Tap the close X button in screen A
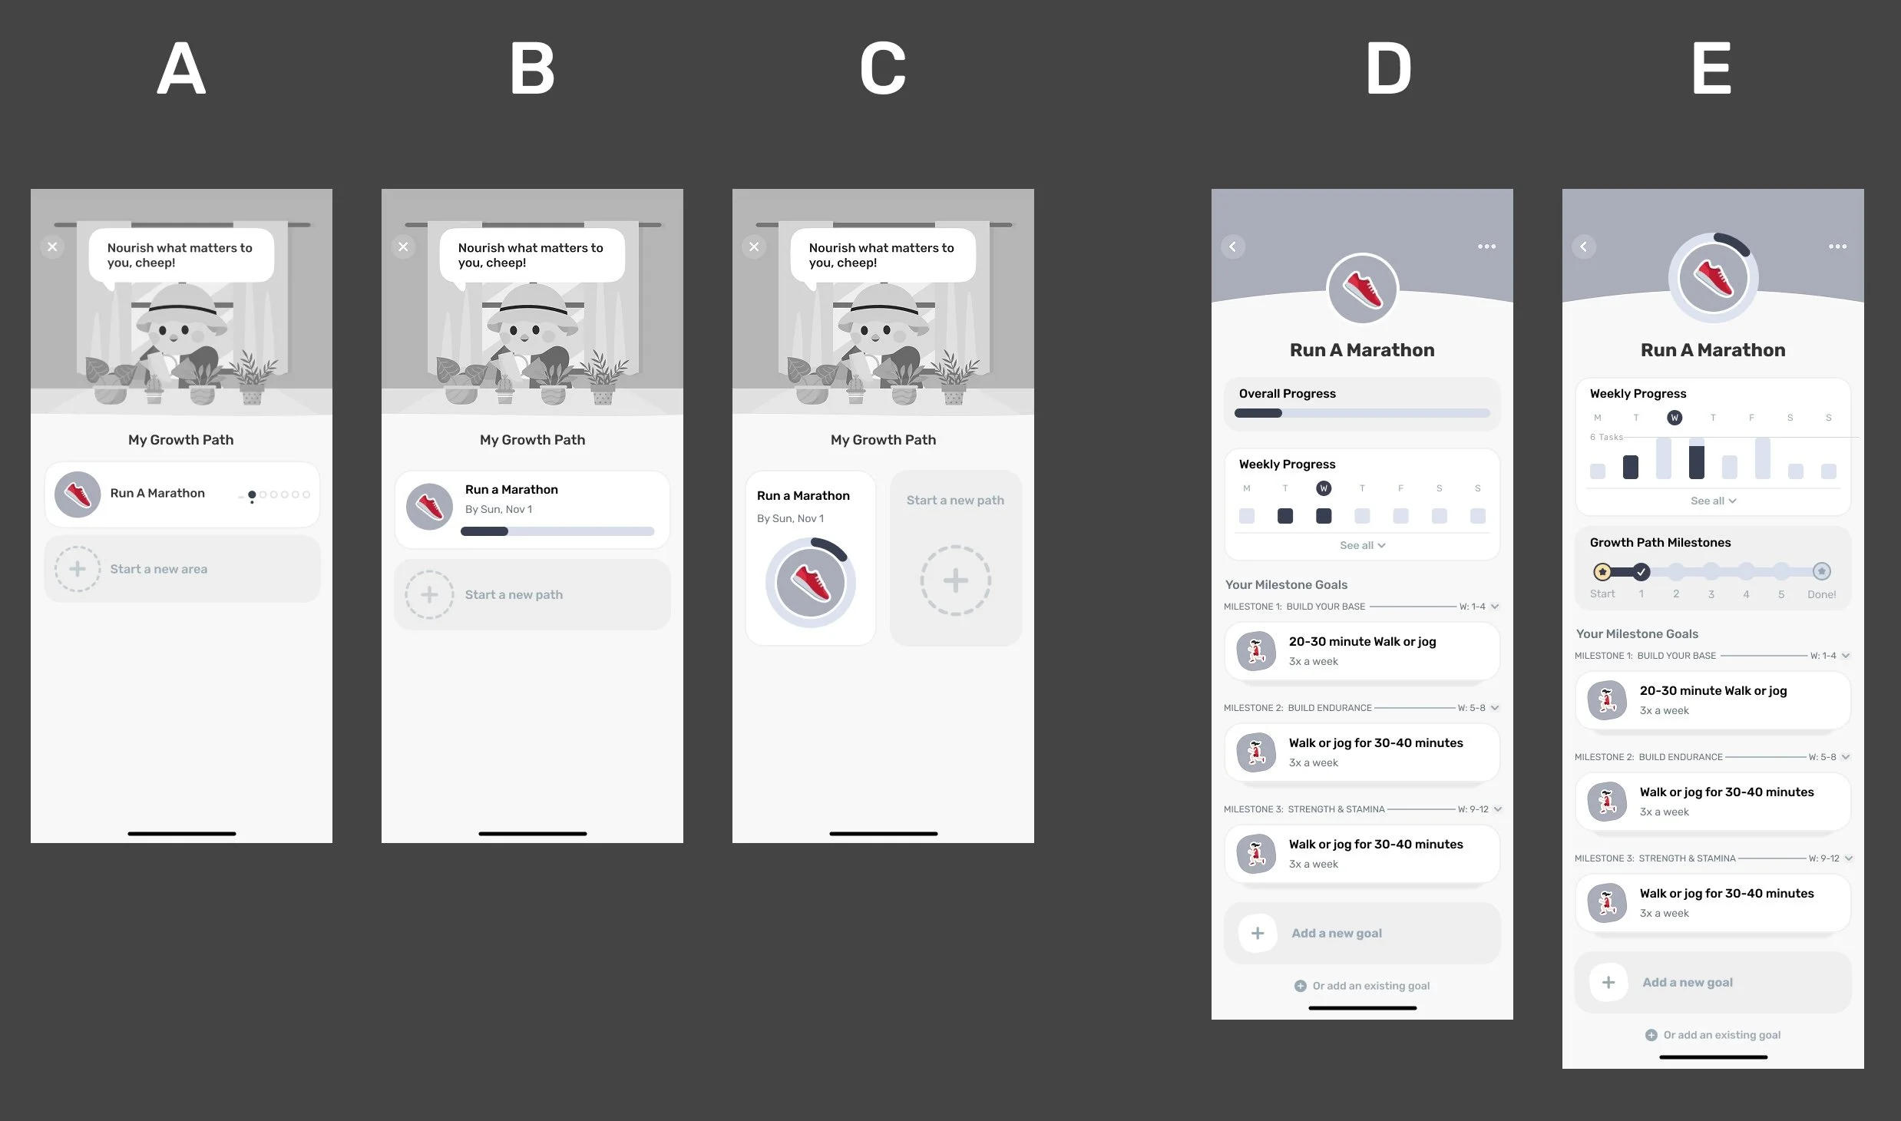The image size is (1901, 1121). tap(52, 246)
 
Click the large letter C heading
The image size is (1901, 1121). tap(883, 69)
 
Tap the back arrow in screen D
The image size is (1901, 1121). tap(1233, 246)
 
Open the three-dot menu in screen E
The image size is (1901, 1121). tap(1837, 246)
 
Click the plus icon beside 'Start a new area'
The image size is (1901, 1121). tap(78, 569)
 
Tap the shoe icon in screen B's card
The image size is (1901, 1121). tap(429, 507)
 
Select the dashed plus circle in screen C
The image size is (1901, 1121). tap(956, 580)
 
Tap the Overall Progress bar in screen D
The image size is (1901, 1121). tap(1362, 413)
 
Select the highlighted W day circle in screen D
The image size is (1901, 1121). tap(1324, 488)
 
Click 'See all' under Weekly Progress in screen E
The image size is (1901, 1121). tap(1713, 501)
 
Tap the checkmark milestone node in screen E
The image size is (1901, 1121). tap(1641, 571)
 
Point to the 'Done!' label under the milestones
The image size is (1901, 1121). tap(1821, 594)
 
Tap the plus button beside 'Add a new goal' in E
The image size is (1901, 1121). tap(1608, 982)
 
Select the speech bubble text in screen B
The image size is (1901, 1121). tap(531, 255)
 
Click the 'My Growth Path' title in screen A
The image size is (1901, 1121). tap(181, 440)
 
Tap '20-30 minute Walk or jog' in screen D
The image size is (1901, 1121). tap(1362, 641)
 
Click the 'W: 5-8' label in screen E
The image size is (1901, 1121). tap(1822, 757)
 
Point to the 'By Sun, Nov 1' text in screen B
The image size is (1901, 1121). tap(498, 509)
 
